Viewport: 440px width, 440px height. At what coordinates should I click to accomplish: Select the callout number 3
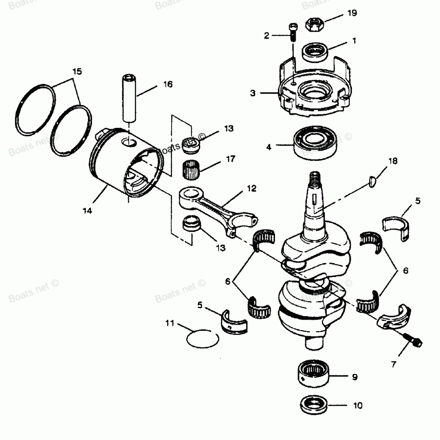click(x=253, y=93)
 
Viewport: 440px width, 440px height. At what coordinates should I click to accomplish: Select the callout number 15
click(x=77, y=71)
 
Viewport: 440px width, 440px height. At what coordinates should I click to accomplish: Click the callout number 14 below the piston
click(x=87, y=211)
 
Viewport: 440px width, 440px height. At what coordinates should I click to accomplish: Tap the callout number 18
click(x=393, y=161)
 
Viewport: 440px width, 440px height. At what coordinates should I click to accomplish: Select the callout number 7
click(x=393, y=364)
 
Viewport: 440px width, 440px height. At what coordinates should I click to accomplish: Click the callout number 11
click(x=170, y=324)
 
